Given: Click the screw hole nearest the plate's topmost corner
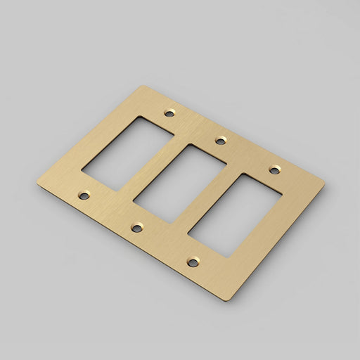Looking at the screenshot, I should (x=168, y=111).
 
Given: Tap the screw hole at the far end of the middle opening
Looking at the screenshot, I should (x=220, y=140).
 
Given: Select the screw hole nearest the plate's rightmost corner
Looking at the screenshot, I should (x=274, y=169).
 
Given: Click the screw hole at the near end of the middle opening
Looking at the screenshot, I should (x=136, y=227).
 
